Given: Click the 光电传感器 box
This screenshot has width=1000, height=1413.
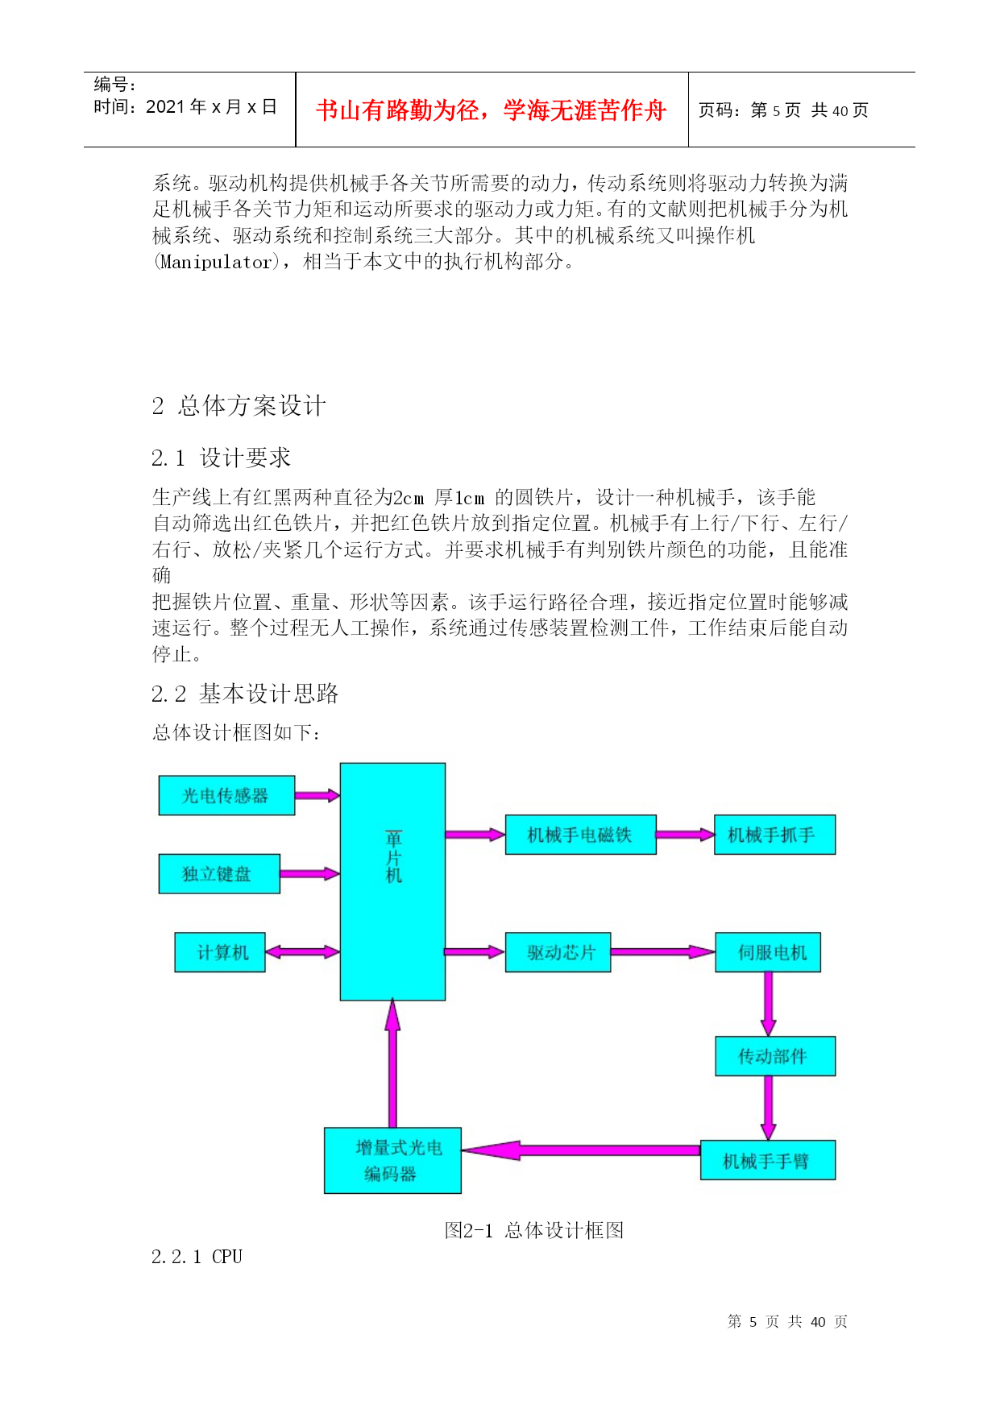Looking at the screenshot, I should click(226, 795).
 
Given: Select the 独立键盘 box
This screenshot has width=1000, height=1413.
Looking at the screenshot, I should click(219, 873).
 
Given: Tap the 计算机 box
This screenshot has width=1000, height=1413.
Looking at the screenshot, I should click(220, 952).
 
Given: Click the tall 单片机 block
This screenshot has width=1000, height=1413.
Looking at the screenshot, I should click(392, 881).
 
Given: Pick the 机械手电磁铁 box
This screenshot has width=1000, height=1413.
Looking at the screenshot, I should click(580, 835).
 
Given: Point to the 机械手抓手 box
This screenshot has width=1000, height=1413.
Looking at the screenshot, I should click(774, 835).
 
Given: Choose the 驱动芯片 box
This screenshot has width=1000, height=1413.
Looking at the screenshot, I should click(558, 952).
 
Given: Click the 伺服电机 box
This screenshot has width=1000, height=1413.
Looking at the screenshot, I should click(768, 952).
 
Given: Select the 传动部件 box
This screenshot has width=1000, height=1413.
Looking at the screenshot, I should click(775, 1056).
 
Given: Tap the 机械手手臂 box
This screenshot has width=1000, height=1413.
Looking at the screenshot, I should click(768, 1160).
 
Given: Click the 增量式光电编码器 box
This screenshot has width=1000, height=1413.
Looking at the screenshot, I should click(392, 1160).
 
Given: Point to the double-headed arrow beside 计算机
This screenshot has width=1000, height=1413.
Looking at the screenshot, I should click(302, 952).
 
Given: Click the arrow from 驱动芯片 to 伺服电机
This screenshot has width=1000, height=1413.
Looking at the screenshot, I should click(662, 952).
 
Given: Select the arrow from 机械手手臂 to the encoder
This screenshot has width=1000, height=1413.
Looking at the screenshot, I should click(580, 1150).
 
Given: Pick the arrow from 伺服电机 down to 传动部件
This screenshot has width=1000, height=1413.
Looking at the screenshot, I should click(768, 1004).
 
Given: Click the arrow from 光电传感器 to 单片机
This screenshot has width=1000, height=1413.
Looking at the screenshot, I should click(317, 795).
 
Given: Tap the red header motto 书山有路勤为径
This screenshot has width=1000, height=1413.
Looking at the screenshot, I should click(491, 110).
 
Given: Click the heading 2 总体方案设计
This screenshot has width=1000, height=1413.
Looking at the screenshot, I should click(239, 405).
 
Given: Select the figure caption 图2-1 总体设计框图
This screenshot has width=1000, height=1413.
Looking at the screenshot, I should click(534, 1230).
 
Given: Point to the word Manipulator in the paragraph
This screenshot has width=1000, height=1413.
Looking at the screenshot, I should click(217, 262).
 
